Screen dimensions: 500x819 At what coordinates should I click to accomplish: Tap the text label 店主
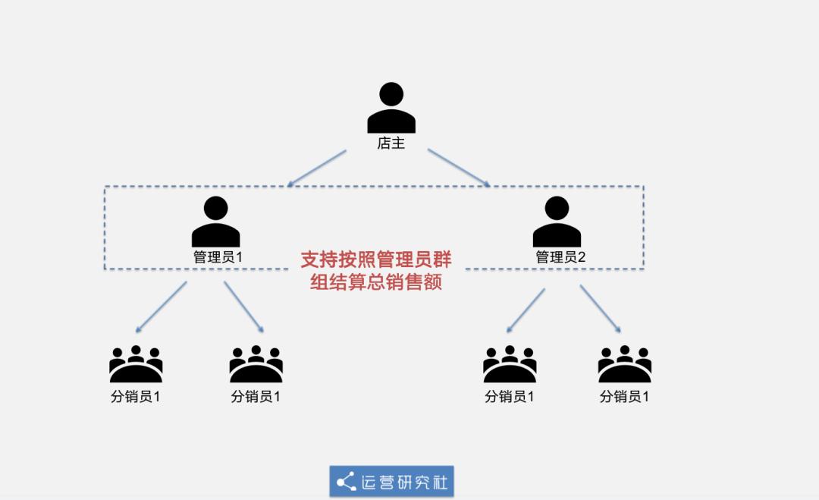[x=391, y=143]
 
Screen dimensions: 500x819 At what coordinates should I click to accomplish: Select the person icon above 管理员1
[x=216, y=222]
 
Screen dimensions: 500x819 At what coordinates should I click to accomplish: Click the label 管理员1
[x=218, y=257]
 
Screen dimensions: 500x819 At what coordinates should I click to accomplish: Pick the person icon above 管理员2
[x=557, y=222]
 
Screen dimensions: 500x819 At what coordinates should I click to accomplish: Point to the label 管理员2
[x=560, y=257]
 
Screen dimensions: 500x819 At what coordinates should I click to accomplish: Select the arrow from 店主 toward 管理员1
[x=317, y=168]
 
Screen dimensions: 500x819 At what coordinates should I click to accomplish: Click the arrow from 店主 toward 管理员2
[x=459, y=168]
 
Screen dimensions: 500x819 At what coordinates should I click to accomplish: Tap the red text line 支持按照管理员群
[x=376, y=259]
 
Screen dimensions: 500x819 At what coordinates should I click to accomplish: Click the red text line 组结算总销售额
[x=376, y=283]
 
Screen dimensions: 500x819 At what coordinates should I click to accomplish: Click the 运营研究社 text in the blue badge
[x=404, y=482]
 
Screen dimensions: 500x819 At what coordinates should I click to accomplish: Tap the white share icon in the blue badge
[x=346, y=482]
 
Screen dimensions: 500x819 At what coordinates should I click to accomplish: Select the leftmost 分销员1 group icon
[x=136, y=364]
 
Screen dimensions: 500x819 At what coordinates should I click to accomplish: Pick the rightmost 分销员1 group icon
[x=624, y=364]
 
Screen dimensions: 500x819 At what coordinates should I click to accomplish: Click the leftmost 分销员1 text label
[x=136, y=397]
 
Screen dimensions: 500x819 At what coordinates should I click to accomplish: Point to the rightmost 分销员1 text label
[x=624, y=397]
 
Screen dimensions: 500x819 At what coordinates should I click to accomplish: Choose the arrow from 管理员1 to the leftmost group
[x=162, y=307]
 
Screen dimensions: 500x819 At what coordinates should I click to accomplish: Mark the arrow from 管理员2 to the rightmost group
[x=601, y=309]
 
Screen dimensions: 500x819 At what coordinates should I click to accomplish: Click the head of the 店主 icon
[x=391, y=95]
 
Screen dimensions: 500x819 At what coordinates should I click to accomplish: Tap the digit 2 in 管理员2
[x=582, y=257]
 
